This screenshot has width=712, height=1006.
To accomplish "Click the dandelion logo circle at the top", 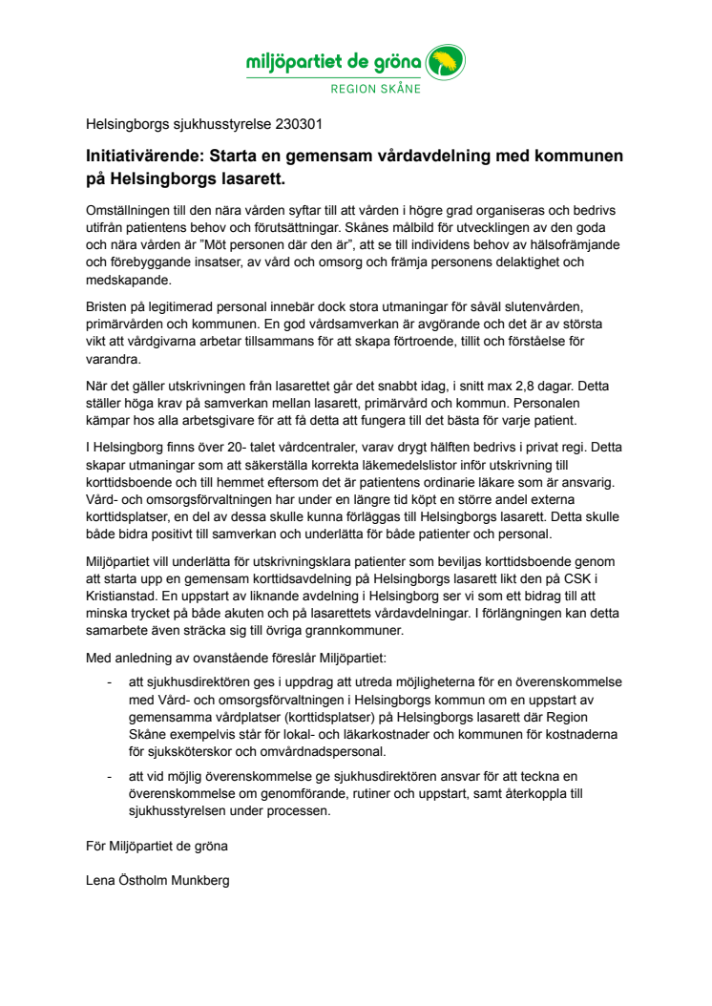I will pyautogui.click(x=445, y=64).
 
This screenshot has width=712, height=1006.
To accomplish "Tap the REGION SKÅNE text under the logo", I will pyautogui.click(x=375, y=92).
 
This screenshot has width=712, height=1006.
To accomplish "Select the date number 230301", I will pyautogui.click(x=305, y=124).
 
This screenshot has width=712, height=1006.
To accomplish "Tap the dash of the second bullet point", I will pyautogui.click(x=110, y=777).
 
